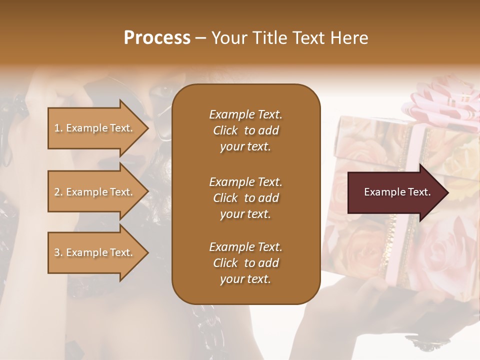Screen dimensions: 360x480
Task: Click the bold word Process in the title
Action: click(157, 38)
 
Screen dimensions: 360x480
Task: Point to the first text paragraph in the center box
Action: click(245, 130)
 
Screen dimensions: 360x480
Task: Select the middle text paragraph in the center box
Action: click(245, 198)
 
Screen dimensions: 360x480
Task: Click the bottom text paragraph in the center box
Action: click(245, 263)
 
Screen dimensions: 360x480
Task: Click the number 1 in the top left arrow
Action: click(57, 128)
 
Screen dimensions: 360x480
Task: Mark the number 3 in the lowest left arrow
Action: click(57, 252)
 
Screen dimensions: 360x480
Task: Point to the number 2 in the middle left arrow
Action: click(57, 192)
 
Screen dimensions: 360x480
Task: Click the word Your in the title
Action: click(227, 38)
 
